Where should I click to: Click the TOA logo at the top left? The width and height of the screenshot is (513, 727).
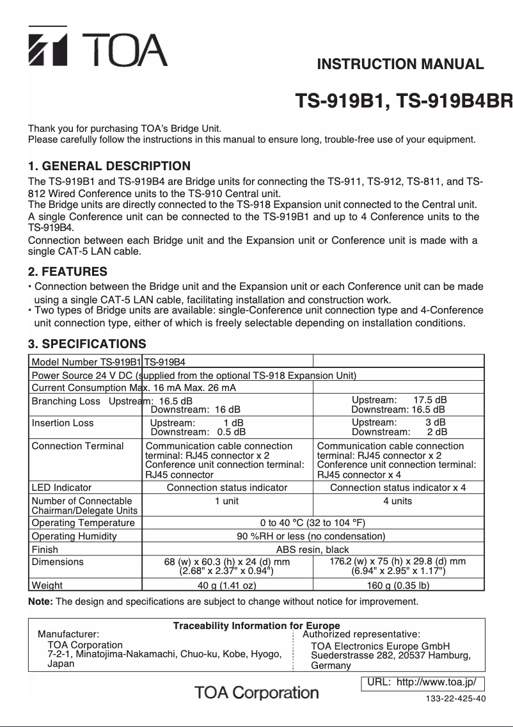pyautogui.click(x=97, y=48)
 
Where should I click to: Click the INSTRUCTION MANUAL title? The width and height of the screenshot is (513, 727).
pyautogui.click(x=400, y=64)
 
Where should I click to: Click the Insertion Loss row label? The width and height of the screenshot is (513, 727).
pyautogui.click(x=63, y=423)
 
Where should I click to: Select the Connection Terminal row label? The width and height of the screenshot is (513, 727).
pyautogui.click(x=77, y=446)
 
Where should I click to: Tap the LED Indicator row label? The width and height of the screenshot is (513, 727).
pyautogui.click(x=61, y=488)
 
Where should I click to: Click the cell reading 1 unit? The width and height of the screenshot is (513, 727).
pyautogui.click(x=226, y=501)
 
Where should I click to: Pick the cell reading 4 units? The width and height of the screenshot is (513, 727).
pyautogui.click(x=397, y=501)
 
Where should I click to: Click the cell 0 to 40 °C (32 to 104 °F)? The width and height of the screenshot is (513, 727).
pyautogui.click(x=313, y=523)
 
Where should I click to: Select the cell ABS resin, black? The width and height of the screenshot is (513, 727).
pyautogui.click(x=313, y=550)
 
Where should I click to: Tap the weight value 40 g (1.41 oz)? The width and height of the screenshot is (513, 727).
pyautogui.click(x=226, y=585)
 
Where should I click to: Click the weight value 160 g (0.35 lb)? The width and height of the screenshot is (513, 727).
pyautogui.click(x=397, y=585)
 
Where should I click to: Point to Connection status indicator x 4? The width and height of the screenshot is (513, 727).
pyautogui.click(x=397, y=488)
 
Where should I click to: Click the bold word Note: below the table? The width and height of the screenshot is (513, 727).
pyautogui.click(x=42, y=602)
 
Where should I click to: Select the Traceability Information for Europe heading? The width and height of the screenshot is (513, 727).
pyautogui.click(x=256, y=626)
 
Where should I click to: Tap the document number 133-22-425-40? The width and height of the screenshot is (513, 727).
pyautogui.click(x=455, y=698)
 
